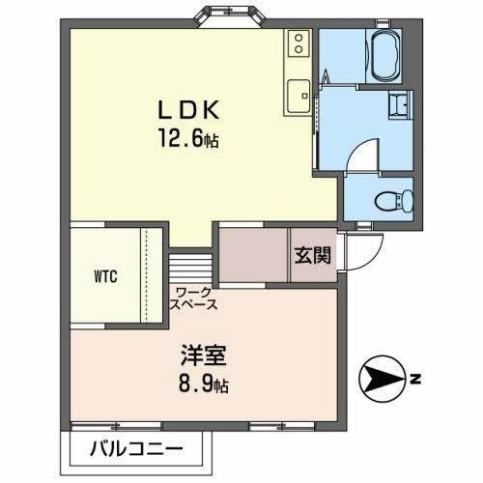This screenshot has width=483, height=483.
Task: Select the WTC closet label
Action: tap(105, 275)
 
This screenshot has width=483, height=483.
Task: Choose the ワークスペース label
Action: tap(196, 298)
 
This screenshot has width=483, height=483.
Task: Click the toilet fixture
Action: tap(395, 199)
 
